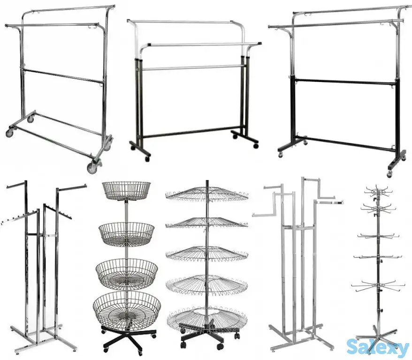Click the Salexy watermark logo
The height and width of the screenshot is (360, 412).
coord(377,347)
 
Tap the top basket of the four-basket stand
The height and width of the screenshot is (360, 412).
coord(126,191)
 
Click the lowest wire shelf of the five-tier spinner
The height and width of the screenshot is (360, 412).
coord(207,318)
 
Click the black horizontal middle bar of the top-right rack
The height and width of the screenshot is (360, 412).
coord(345,81)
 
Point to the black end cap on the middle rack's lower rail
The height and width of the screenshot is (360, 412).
coord(259,44)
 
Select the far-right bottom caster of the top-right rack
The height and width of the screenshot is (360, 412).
coord(389,173)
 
